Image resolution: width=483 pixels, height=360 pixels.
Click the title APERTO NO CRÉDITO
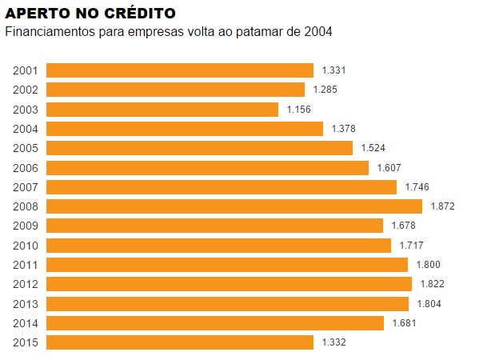click(91, 14)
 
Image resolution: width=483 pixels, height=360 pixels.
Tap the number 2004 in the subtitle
click(317, 32)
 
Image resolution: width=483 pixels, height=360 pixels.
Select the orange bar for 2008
click(234, 206)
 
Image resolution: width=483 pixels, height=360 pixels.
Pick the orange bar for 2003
click(162, 110)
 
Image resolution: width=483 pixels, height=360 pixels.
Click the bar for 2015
click(180, 342)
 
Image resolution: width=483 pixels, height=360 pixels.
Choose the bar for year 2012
click(229, 284)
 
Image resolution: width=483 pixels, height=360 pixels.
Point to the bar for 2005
click(199, 148)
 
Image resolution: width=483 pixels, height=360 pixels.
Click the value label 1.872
click(442, 206)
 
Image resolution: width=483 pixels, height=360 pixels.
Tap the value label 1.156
click(298, 110)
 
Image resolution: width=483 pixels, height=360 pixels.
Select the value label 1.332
click(333, 342)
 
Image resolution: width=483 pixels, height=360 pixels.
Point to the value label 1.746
click(417, 187)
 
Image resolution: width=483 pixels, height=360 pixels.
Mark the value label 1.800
click(428, 265)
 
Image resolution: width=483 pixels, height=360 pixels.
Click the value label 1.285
click(325, 90)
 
